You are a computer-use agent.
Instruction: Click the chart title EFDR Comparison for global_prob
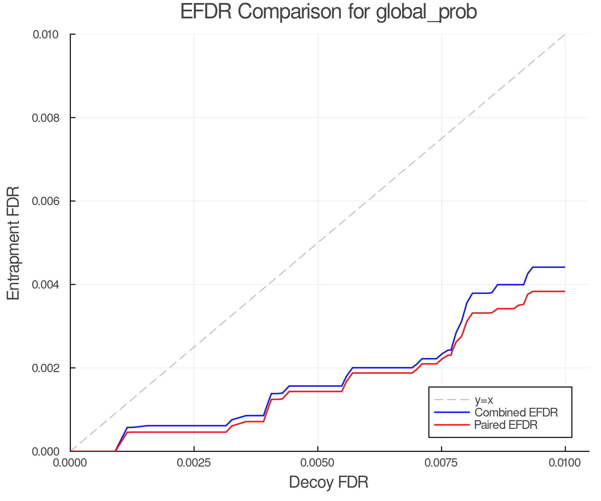tap(329, 12)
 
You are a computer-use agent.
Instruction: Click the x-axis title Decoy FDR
tap(329, 482)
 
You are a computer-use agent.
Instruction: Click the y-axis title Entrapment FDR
tap(13, 243)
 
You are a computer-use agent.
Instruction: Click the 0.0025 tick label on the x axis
tap(194, 463)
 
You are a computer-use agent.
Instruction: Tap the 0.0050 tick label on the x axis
tap(318, 463)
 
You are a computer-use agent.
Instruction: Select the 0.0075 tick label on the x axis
tap(441, 463)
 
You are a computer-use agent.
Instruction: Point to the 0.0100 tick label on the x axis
tap(565, 463)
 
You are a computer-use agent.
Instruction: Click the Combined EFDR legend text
tap(516, 412)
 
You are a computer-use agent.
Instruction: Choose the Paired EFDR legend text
tap(506, 425)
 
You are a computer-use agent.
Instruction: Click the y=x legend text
tap(484, 400)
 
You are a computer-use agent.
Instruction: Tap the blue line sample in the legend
tap(451, 412)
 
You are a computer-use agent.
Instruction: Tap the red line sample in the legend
tap(451, 425)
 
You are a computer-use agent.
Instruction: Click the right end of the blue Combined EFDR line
tap(565, 267)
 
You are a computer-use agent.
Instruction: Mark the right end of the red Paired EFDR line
tap(565, 292)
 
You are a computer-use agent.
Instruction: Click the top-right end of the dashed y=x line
tap(565, 34)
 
